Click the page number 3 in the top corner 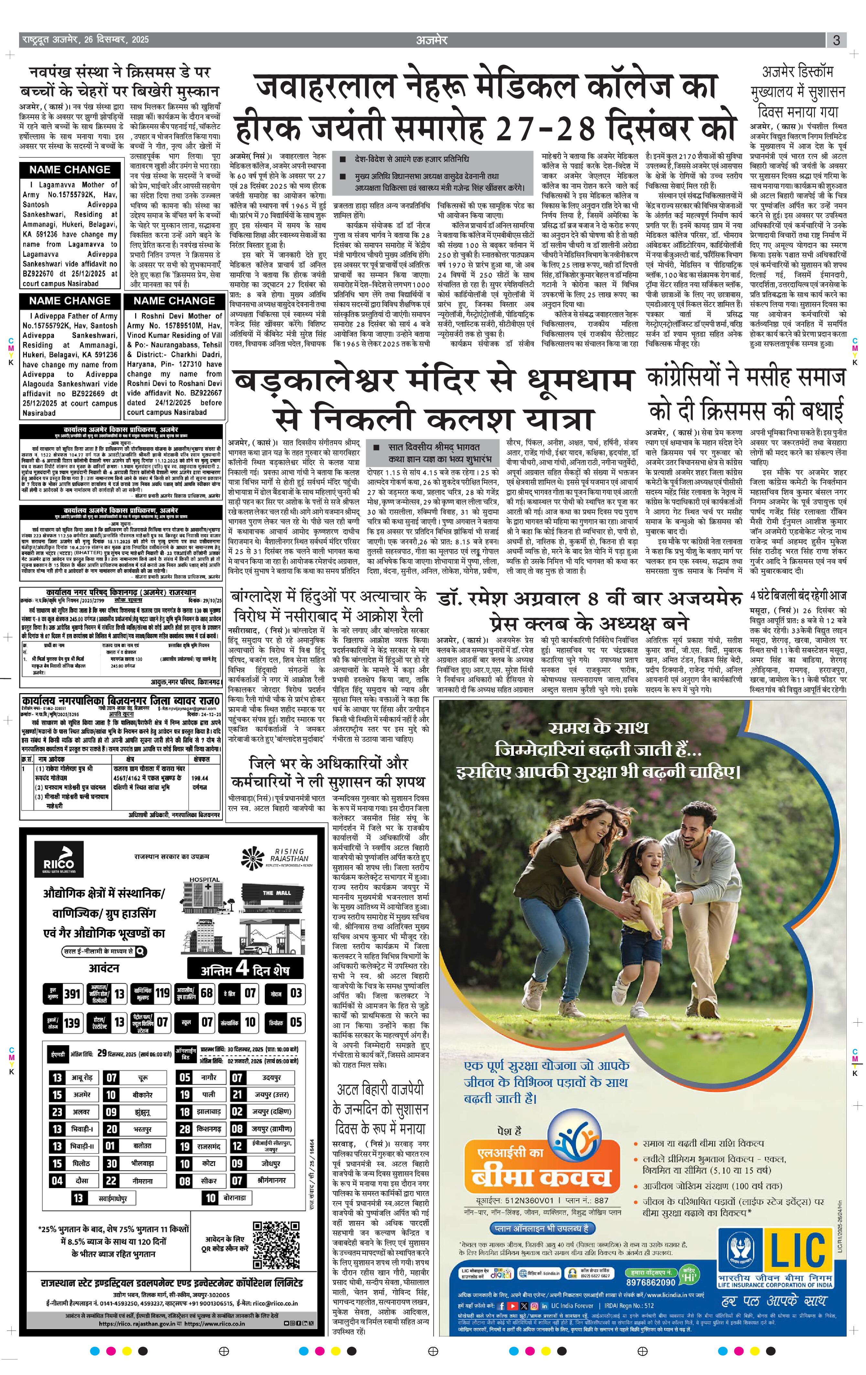coord(836,40)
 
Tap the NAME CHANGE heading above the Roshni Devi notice coord(174,300)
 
